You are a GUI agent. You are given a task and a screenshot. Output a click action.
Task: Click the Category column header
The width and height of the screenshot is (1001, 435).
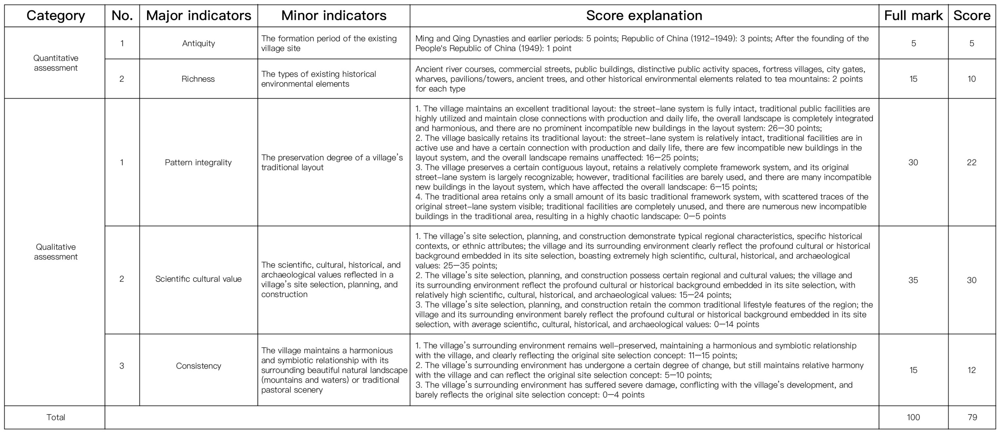coord(55,16)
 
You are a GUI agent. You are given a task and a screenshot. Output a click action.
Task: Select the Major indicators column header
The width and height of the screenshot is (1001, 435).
coord(198,16)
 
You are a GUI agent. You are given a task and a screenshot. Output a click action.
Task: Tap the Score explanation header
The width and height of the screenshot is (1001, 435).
coord(644,16)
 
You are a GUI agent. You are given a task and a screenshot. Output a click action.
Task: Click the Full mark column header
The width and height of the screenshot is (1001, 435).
coord(913,16)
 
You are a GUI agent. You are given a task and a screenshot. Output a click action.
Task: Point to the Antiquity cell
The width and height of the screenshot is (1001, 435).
coord(198,43)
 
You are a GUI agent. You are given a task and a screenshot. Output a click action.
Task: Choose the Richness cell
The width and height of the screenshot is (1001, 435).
coord(198,79)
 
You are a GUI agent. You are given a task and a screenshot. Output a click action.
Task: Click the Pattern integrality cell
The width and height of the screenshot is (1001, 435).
coord(198,162)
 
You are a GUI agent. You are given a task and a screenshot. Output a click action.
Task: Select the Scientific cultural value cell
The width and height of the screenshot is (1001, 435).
coord(198,279)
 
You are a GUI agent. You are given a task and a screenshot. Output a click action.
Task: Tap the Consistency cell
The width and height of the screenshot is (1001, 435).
coord(198,366)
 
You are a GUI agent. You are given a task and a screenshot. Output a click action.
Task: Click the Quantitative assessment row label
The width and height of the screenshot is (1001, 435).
coord(55,63)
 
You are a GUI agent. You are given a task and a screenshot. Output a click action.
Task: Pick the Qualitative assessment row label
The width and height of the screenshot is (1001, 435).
coord(55,252)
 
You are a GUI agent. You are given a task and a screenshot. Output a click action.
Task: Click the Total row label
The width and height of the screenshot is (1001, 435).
coord(55,417)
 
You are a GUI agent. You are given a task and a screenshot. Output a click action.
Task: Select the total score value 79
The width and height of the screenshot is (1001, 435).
coord(972,417)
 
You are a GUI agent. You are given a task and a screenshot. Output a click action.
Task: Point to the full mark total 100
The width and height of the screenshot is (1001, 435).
coord(913,417)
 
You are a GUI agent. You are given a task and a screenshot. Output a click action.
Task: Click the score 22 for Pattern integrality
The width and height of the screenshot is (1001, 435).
coord(972,162)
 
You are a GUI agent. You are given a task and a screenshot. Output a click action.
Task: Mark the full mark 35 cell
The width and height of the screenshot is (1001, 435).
coord(913,280)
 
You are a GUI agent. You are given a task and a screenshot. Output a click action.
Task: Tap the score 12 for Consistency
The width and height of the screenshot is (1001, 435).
coord(972,370)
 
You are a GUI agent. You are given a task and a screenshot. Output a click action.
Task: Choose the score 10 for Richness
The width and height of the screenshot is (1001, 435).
coord(972,79)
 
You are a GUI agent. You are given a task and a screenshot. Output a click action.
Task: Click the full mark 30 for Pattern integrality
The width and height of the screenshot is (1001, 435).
coord(913,162)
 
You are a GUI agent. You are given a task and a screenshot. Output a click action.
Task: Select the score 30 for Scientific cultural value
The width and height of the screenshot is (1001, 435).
coord(972,280)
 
